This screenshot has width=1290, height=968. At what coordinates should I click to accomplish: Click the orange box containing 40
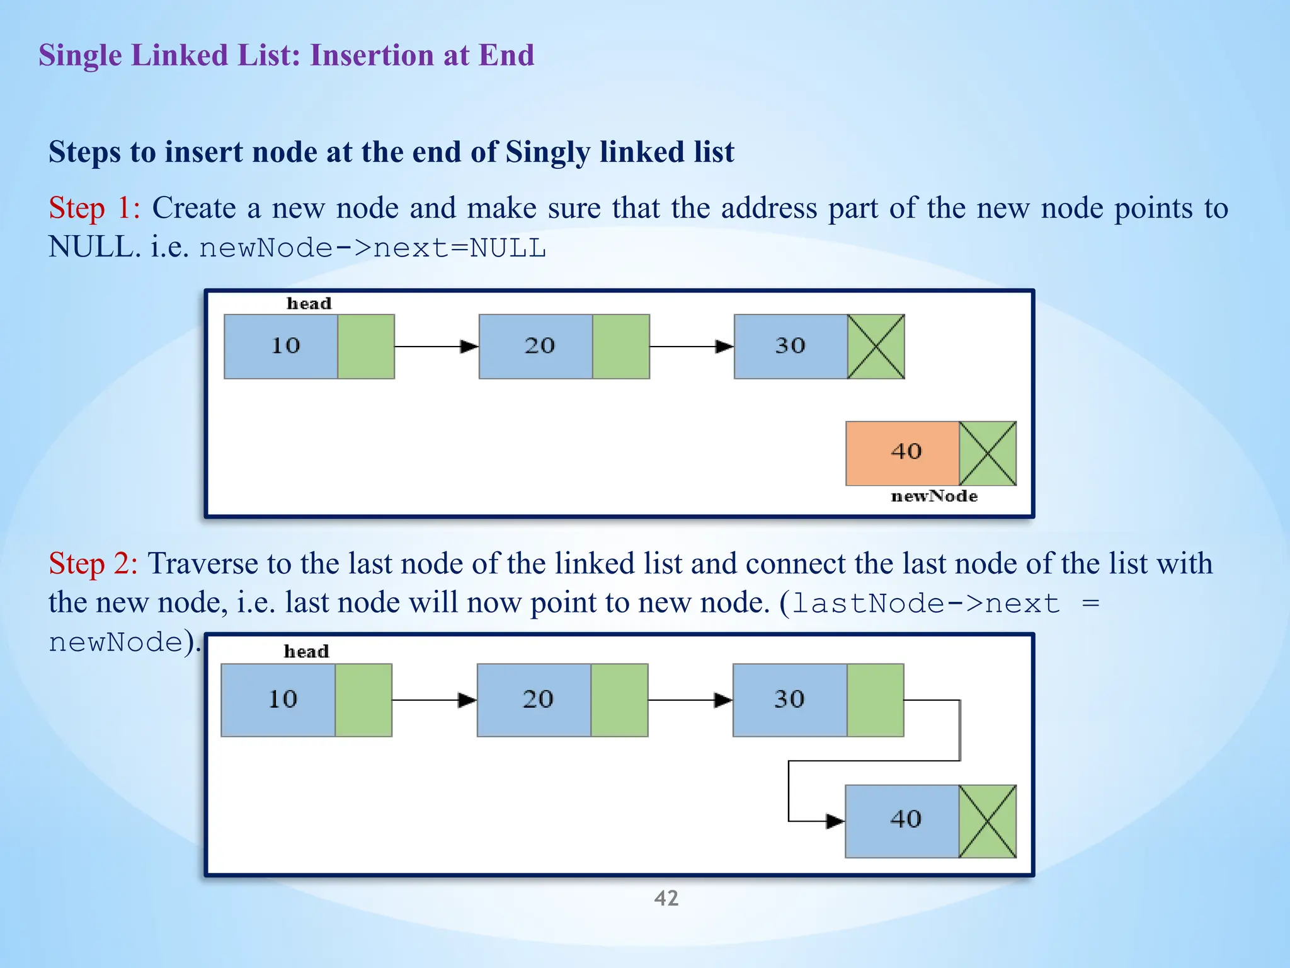902,453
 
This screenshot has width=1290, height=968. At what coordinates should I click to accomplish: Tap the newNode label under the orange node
934,497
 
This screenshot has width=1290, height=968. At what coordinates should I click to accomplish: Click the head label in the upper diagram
309,304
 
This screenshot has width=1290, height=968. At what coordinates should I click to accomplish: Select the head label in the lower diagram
306,652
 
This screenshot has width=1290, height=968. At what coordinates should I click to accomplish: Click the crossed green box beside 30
876,347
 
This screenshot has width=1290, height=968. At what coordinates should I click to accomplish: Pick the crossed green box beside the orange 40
988,453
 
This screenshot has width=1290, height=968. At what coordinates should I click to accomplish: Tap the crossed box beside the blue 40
988,821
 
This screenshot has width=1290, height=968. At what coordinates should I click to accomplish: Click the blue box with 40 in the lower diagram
902,821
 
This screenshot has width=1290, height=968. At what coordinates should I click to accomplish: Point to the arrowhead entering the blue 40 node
835,821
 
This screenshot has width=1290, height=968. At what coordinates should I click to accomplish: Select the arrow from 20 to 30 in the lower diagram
690,700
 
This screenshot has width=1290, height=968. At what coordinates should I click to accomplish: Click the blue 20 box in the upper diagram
535,347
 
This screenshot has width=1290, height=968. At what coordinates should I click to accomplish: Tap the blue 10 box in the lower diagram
278,700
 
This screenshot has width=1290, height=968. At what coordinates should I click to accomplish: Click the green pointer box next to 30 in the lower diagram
876,700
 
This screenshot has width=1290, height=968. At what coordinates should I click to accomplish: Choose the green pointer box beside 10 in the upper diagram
366,347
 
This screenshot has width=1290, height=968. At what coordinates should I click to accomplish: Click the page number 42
666,898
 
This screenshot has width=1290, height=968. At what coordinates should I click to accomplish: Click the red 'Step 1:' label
94,208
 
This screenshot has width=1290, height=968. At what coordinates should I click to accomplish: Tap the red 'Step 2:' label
93,563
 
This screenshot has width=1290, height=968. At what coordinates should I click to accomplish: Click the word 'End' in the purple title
506,55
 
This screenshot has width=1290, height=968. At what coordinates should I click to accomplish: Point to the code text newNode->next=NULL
372,248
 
